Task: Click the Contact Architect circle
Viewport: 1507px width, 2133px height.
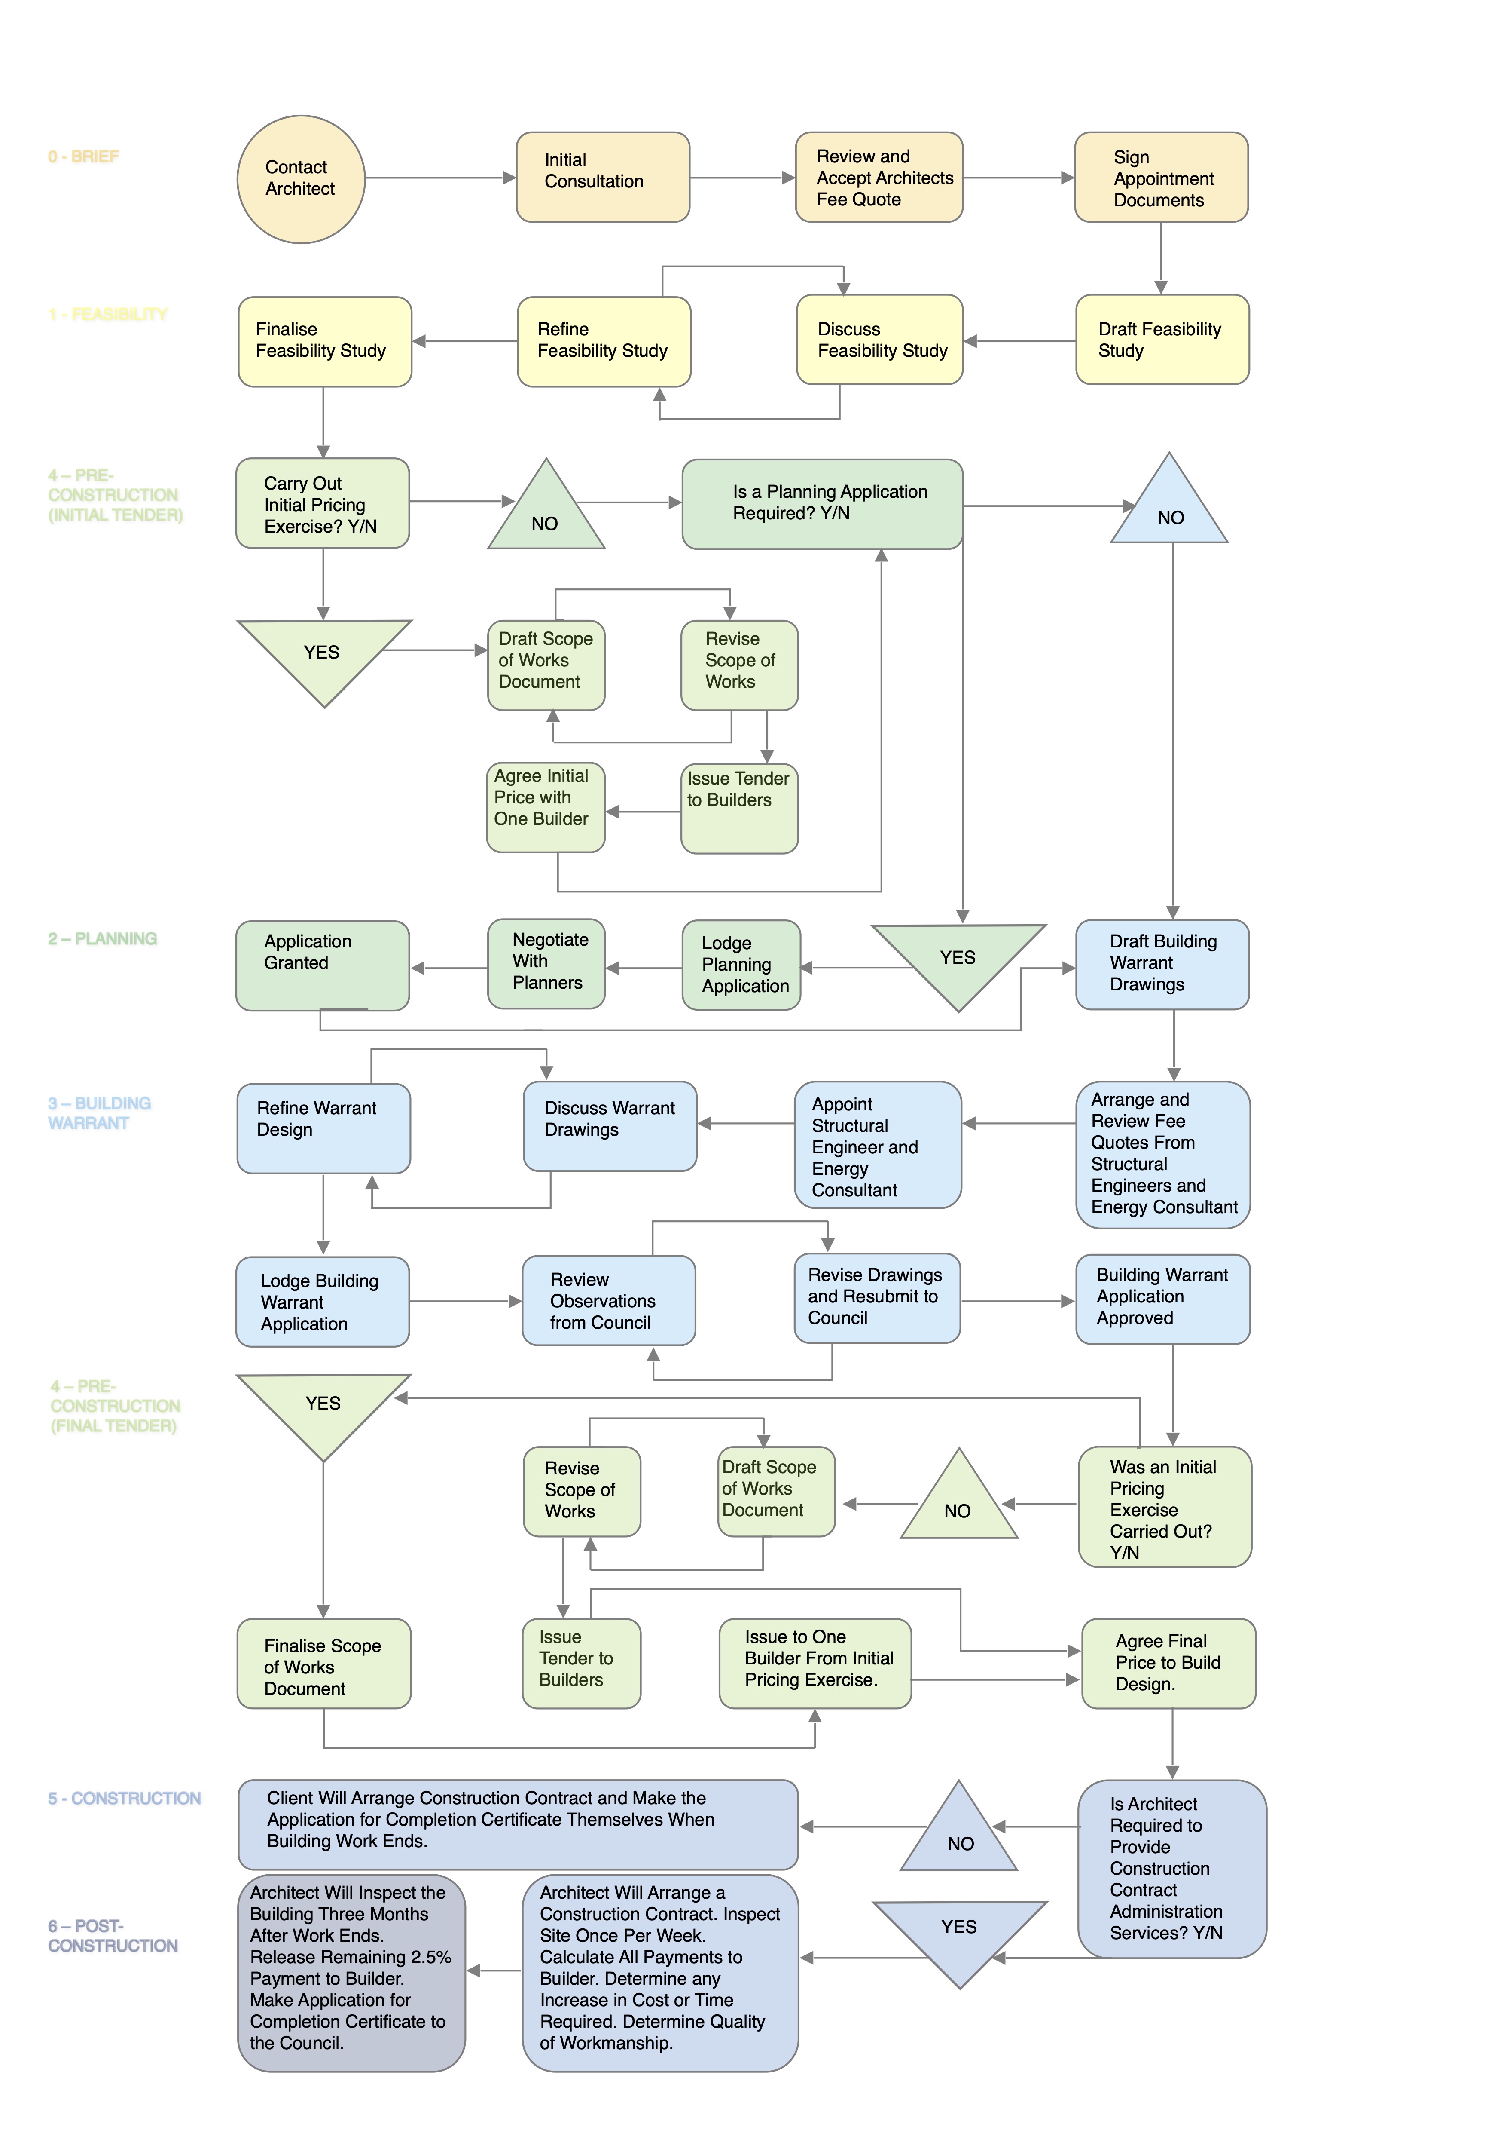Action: click(301, 179)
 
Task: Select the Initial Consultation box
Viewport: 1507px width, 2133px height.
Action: click(603, 178)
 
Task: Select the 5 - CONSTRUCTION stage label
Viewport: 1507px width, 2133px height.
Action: click(125, 1799)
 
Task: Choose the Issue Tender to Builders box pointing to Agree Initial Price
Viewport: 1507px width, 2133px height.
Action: click(739, 808)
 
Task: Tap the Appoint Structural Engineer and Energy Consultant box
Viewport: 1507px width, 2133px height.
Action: click(878, 1145)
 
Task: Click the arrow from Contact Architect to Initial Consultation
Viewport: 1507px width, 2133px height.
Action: click(440, 178)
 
